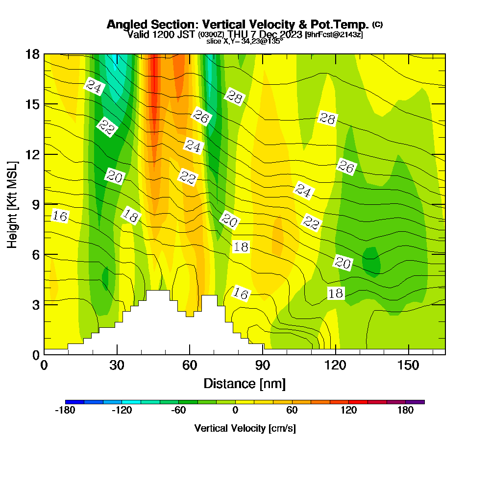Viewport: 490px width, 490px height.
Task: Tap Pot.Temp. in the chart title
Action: pos(343,24)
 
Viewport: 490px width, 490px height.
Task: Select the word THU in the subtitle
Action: pos(239,34)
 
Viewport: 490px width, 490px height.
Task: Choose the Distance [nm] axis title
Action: pos(245,383)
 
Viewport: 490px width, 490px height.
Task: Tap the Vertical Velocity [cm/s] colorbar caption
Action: pos(245,428)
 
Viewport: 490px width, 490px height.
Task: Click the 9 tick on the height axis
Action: pos(35,204)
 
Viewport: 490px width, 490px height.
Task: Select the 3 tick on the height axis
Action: pos(35,304)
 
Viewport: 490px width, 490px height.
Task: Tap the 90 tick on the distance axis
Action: pos(263,366)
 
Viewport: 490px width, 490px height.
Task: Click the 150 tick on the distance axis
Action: pos(409,366)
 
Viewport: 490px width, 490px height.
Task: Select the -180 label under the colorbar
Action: pos(65,411)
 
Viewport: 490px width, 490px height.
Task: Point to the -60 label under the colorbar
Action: pos(178,411)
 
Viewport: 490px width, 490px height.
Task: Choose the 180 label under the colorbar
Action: pos(406,411)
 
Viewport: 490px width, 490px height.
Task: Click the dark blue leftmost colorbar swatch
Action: pos(74,402)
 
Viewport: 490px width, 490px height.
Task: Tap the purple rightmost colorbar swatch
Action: pos(415,402)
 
